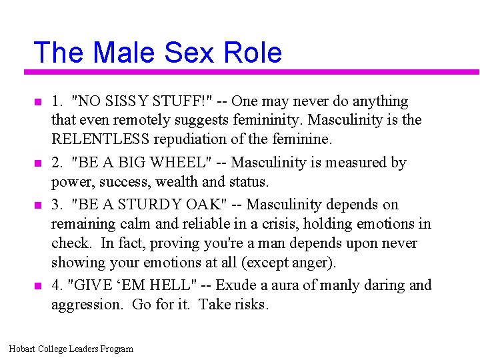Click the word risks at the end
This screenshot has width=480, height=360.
pyautogui.click(x=251, y=305)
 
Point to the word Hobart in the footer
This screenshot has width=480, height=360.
pyautogui.click(x=23, y=349)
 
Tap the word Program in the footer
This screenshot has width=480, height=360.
pyautogui.click(x=117, y=349)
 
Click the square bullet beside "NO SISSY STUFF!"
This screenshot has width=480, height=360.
pyautogui.click(x=37, y=103)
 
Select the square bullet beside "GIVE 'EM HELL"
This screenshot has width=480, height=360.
pyautogui.click(x=37, y=286)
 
